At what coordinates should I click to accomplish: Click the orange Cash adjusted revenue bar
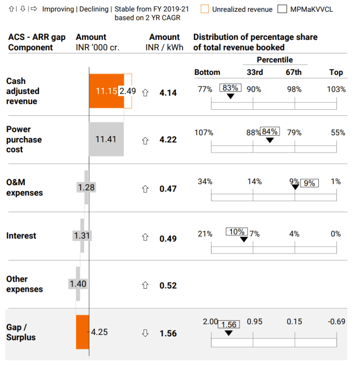pos(106,91)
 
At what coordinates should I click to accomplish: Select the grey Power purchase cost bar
pos(106,139)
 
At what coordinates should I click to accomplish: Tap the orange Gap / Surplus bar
pos(83,332)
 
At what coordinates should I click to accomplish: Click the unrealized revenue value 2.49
pos(128,91)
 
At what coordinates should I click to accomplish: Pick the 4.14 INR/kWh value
pos(168,92)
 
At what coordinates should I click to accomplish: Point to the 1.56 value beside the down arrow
pos(168,333)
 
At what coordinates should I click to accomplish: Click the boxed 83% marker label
pos(231,88)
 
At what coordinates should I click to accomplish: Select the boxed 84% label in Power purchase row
pos(270,132)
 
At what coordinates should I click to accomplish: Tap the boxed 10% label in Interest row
pos(237,231)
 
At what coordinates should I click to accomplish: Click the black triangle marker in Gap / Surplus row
pos(228,333)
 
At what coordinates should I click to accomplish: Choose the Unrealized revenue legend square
pos(205,9)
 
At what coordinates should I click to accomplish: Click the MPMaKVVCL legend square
pos(282,9)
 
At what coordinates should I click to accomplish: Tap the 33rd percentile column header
pos(254,72)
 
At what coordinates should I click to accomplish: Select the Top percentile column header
pos(336,72)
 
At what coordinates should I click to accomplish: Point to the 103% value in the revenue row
pos(336,89)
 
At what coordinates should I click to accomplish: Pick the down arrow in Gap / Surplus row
pos(145,333)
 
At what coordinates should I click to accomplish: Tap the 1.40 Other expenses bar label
pos(78,284)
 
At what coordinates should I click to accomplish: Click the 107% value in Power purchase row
pos(204,133)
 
